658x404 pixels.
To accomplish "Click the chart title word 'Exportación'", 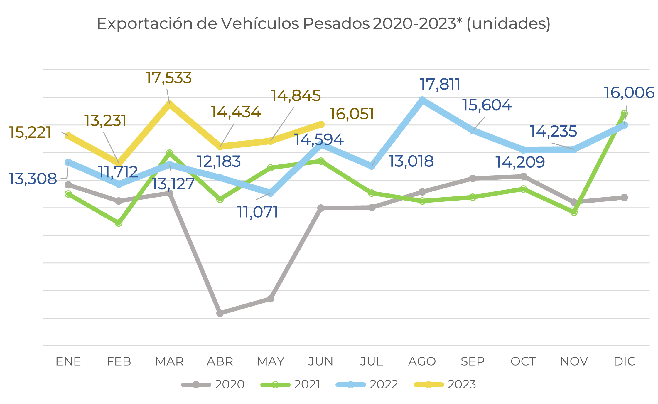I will coord(145,23).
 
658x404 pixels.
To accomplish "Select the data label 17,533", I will coord(168,78).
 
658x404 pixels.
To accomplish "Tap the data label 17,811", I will coord(440,84).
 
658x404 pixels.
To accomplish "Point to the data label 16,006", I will coord(629,93).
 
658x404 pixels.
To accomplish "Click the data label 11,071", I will coord(257,212).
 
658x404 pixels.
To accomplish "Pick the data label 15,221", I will coord(30,132).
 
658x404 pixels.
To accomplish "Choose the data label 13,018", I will coord(411,161).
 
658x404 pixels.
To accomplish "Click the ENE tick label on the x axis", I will coord(68,361).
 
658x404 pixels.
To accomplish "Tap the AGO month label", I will coord(422,361).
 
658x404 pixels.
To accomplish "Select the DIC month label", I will coord(625,361).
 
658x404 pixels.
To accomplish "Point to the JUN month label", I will coord(321,361).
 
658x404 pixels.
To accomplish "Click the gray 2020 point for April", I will coord(220,313).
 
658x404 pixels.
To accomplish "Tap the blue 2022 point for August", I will coord(422,100).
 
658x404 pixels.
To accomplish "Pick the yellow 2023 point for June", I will coord(321,124).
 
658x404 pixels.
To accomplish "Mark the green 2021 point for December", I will coord(625,114).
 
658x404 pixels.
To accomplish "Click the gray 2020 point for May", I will coord(271,299).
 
